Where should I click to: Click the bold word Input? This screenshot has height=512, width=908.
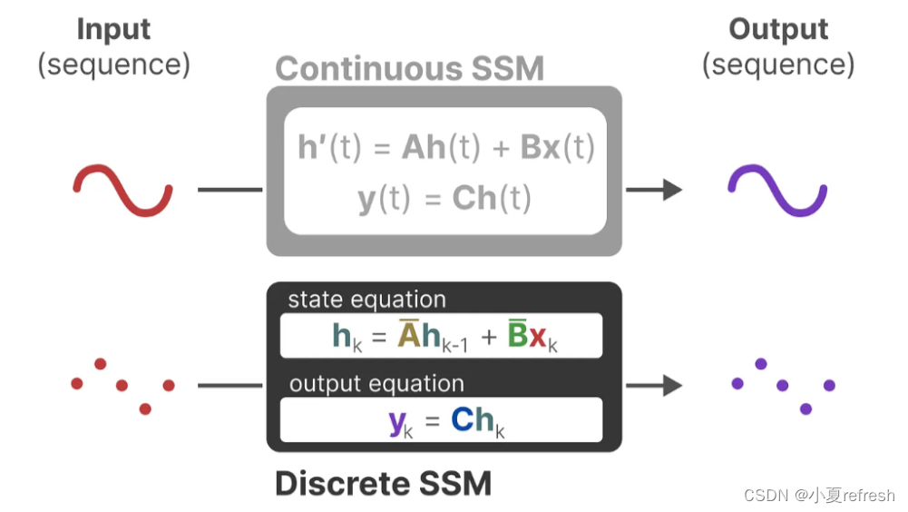113,29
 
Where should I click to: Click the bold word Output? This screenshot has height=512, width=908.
778,29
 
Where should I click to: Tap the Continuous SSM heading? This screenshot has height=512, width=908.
409,69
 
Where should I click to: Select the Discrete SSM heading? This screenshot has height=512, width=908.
383,483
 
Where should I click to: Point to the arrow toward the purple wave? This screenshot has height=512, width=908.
654,190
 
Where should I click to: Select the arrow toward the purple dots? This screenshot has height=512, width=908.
654,385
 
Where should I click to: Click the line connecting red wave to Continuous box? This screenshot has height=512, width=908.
229,190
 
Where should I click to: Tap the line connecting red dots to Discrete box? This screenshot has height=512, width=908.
229,385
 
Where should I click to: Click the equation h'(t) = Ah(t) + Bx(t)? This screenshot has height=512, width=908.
445,148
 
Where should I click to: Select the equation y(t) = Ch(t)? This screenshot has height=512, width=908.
444,199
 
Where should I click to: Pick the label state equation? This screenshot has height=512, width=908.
366,300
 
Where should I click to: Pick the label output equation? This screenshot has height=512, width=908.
376,384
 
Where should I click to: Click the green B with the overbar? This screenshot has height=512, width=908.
518,336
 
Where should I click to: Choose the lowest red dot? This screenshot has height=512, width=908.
145,409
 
